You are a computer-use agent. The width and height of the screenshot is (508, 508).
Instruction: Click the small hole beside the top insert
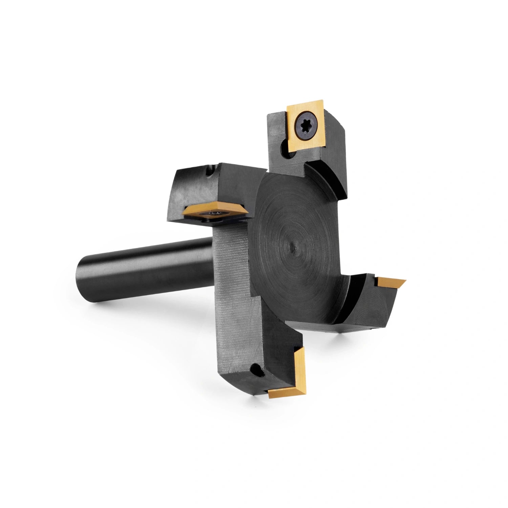coord(288,154)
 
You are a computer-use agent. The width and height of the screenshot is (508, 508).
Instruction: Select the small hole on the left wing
coord(210,171)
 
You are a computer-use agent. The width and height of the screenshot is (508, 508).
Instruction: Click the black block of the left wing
coord(196,190)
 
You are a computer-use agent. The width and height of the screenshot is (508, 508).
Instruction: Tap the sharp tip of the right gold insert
coord(405,280)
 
